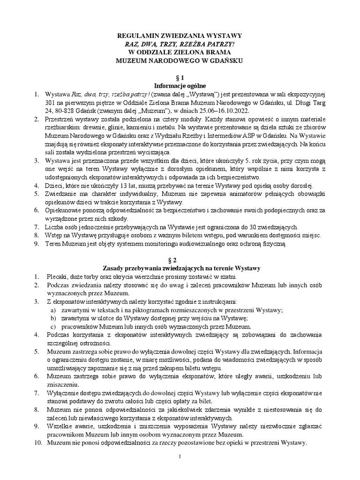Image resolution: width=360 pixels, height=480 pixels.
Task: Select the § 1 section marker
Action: (180, 77)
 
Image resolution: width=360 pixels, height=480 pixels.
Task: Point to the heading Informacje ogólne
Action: (180, 86)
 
